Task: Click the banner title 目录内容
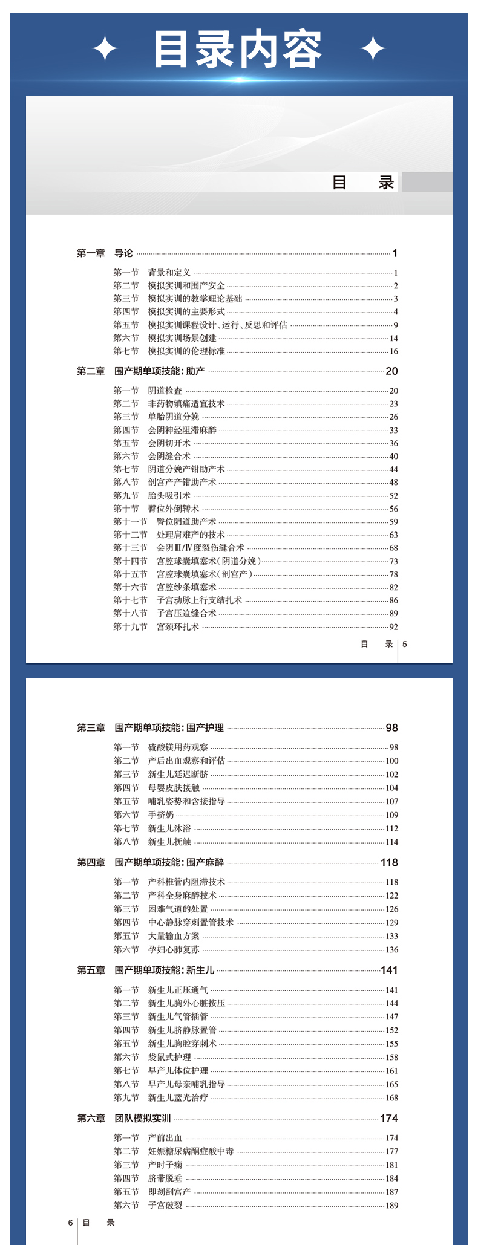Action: (237, 50)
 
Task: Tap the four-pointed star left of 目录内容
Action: (105, 49)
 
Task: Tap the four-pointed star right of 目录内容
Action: (373, 49)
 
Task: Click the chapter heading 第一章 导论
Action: (105, 253)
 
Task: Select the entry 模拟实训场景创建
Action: (182, 338)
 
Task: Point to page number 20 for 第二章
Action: (391, 371)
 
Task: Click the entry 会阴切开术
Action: (169, 443)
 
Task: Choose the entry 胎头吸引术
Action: (169, 496)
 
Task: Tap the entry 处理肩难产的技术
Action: (191, 535)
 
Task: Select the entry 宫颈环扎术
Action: (178, 627)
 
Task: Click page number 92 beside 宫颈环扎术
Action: (393, 627)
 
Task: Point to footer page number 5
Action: (405, 644)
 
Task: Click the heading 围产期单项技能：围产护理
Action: (169, 728)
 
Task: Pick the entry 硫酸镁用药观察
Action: (178, 747)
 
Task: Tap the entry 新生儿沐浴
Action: (169, 828)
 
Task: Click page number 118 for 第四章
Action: (389, 863)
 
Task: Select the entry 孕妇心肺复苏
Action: (174, 949)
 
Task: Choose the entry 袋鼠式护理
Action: (169, 1057)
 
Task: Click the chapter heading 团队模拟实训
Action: (143, 1119)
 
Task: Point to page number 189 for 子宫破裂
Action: (391, 1205)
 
